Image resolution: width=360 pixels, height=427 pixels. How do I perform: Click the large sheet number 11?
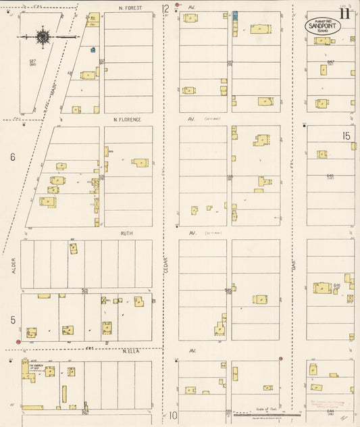(345, 12)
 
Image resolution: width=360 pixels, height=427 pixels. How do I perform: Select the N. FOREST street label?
(128, 8)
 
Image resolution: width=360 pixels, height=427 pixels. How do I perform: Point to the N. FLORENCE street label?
(127, 120)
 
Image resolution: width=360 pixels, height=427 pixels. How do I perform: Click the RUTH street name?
(126, 233)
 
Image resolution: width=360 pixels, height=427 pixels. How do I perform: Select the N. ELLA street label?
(130, 350)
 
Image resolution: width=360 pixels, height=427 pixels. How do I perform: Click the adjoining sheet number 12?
(165, 9)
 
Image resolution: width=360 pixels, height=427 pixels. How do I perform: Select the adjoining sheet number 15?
(346, 136)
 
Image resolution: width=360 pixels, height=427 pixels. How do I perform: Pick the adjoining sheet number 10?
(173, 416)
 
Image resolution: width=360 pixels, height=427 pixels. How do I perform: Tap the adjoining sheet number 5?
(12, 320)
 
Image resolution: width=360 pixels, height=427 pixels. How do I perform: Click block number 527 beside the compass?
(32, 62)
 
